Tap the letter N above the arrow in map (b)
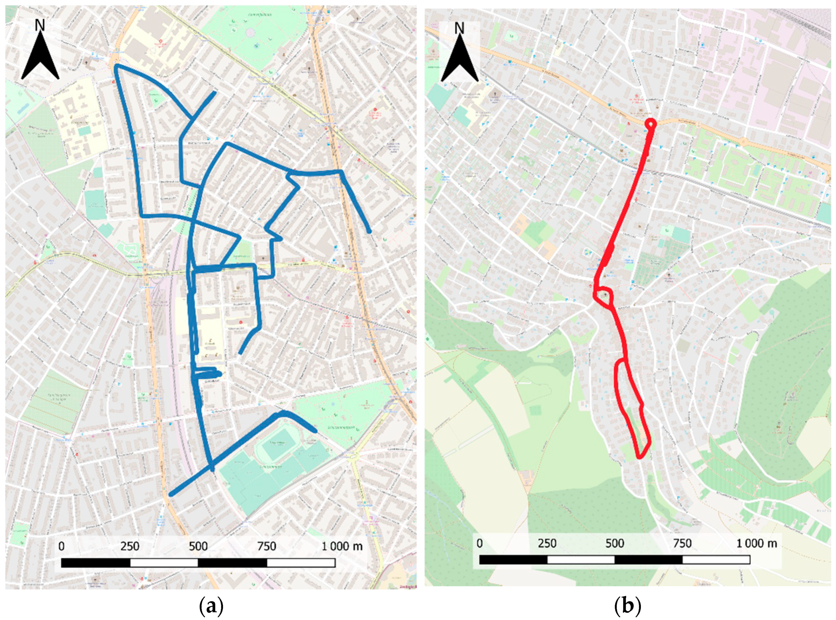[x=459, y=29]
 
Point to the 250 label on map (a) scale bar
[x=130, y=546]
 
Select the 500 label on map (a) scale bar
[x=198, y=546]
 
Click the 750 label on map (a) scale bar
[x=267, y=546]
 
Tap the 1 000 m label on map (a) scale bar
[x=342, y=546]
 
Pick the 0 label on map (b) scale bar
[x=480, y=543]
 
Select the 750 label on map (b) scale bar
[x=682, y=543]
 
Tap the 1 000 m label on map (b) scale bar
[x=756, y=543]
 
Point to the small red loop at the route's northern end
[x=650, y=123]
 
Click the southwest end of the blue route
[x=171, y=495]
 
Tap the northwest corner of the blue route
[x=117, y=66]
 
